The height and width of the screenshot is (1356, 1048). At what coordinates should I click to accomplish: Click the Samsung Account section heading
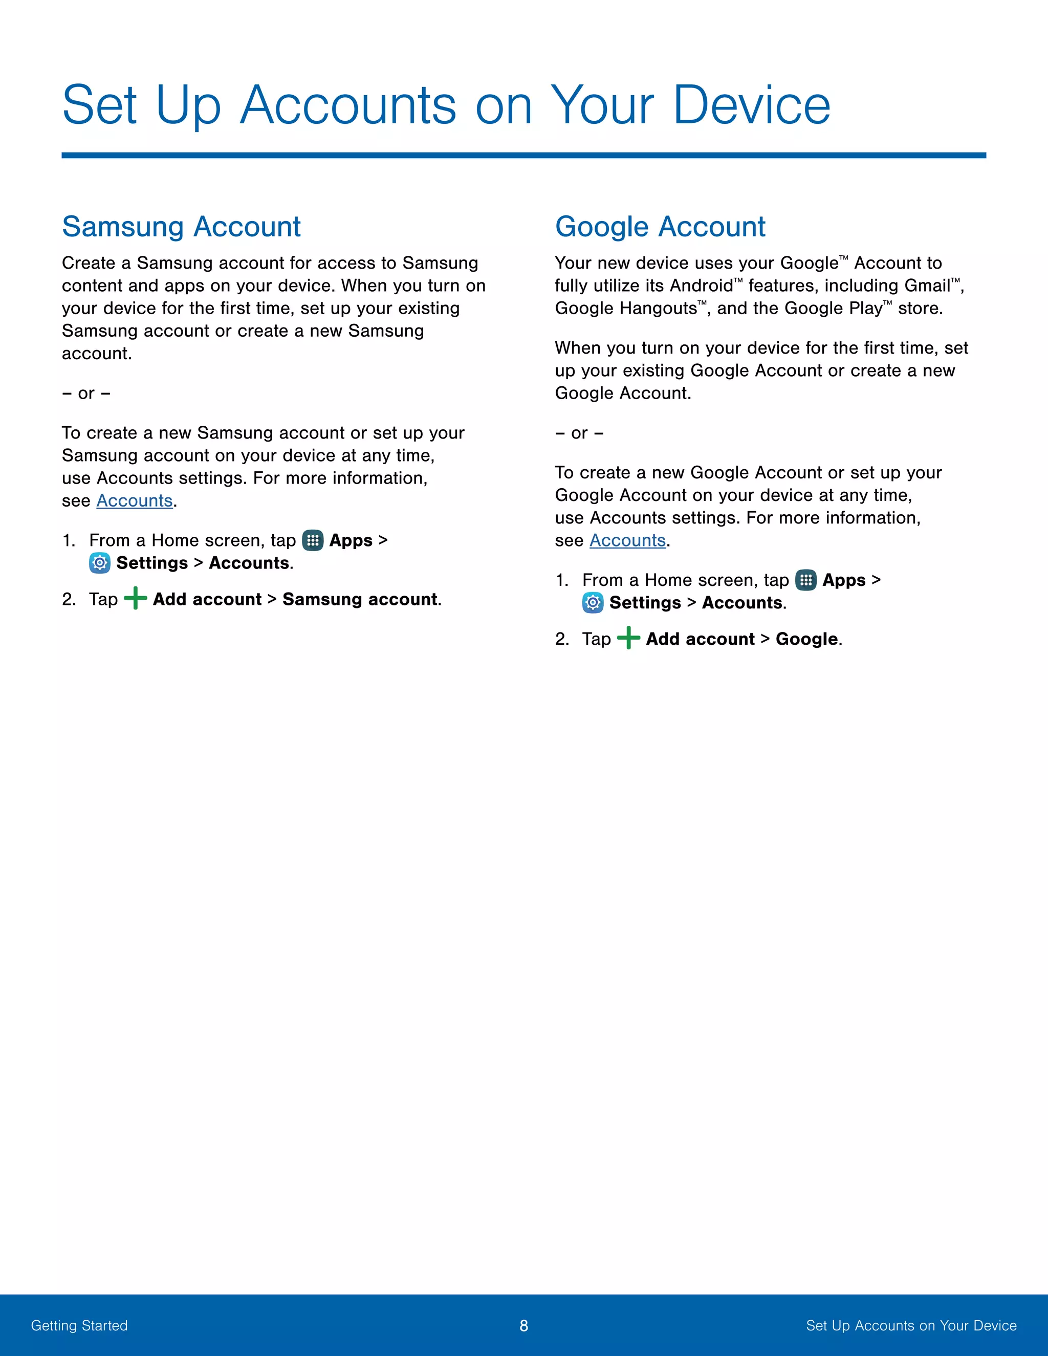tap(181, 227)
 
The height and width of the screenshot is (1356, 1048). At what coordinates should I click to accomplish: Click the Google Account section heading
tap(660, 227)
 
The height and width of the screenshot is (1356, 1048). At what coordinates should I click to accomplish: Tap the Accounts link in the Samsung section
tap(134, 500)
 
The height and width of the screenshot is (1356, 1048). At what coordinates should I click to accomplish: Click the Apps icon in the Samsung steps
tap(312, 540)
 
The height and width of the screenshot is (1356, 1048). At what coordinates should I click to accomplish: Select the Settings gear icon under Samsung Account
tap(99, 563)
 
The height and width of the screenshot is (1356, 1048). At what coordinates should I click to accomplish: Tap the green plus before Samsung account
tap(135, 599)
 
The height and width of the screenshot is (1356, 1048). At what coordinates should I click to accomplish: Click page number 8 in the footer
tap(523, 1326)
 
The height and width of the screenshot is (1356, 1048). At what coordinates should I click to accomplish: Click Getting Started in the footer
tap(79, 1326)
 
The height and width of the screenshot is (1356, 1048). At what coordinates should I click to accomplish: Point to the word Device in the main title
tap(751, 105)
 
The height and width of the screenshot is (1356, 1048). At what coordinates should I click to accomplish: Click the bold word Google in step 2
tap(806, 639)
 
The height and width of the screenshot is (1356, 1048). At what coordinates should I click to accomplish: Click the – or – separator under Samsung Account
tap(86, 393)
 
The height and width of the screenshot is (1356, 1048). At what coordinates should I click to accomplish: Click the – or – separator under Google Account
tap(579, 433)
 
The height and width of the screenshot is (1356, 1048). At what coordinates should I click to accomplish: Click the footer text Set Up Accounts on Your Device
tap(911, 1326)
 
